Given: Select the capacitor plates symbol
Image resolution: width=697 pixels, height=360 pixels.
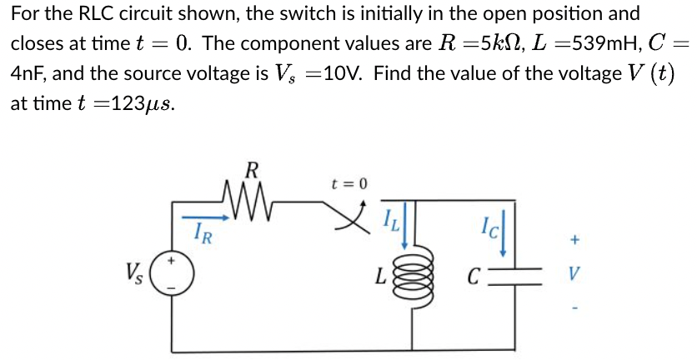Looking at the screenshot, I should (x=514, y=274).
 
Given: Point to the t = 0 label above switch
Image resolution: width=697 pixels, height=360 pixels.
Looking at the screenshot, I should (x=348, y=182).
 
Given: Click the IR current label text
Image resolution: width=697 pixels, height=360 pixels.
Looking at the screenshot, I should (x=202, y=236).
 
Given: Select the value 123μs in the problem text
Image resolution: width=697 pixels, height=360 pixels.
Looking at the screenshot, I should (x=143, y=104).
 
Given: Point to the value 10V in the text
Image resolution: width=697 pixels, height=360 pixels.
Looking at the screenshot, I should (x=343, y=73).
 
